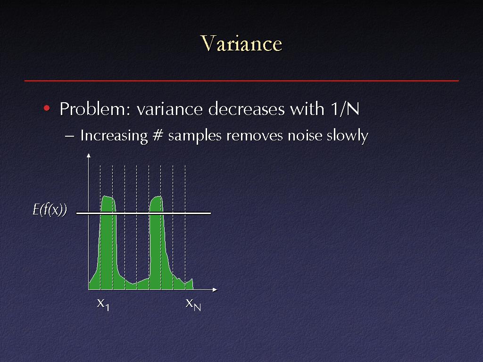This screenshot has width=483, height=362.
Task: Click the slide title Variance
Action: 241,43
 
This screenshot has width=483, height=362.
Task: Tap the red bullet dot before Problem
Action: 47,108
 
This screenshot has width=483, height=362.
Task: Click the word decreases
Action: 246,109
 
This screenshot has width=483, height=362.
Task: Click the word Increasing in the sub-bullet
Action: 114,136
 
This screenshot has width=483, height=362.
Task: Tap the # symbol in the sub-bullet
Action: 158,135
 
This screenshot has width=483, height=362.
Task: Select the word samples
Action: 195,136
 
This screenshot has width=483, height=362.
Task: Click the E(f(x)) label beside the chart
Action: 50,210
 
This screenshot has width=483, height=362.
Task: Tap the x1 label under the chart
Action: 103,304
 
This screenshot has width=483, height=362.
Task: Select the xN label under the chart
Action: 193,304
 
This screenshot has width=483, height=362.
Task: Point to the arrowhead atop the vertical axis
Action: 89,155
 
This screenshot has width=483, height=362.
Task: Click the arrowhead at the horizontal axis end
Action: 215,290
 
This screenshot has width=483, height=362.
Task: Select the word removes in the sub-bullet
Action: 254,136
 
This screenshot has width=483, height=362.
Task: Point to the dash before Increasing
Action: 70,136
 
